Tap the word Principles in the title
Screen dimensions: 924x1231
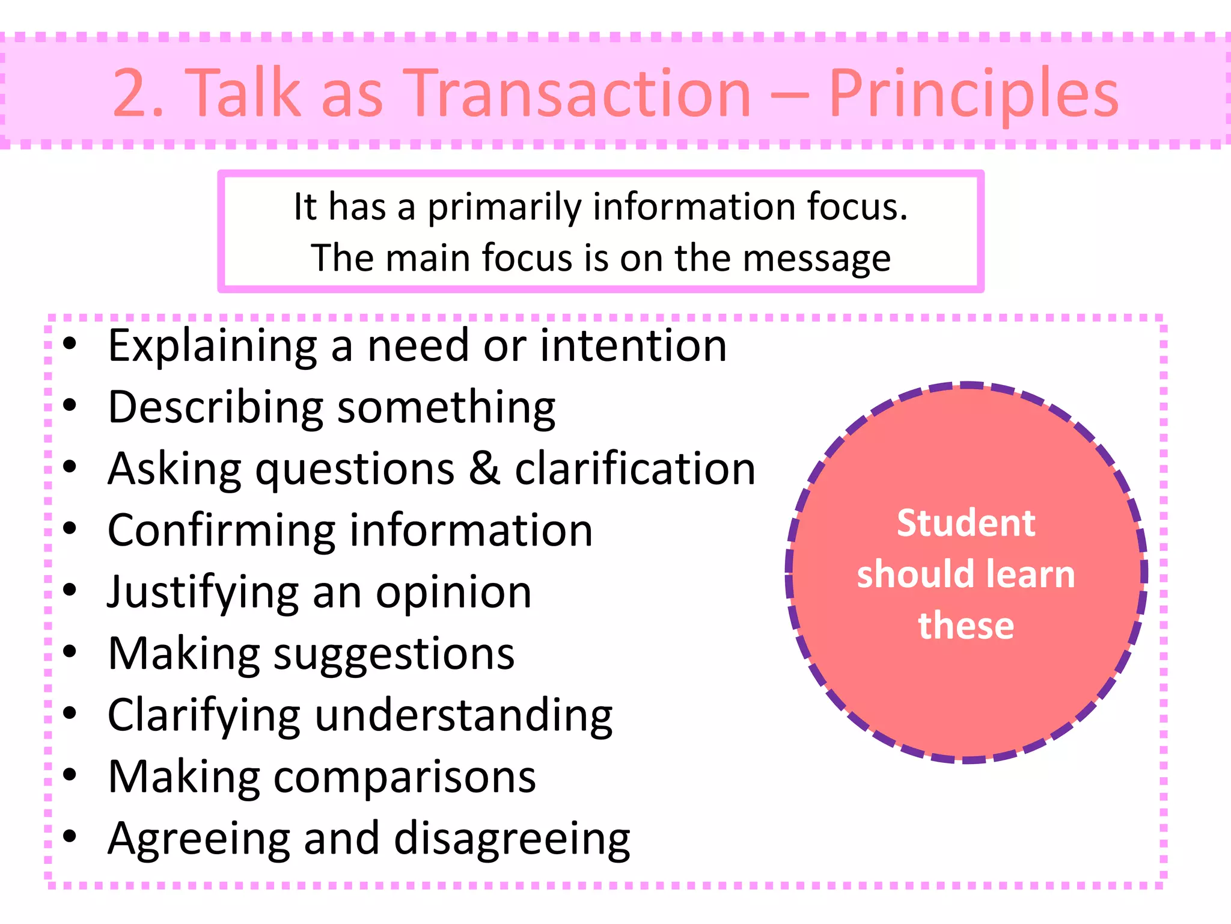[x=973, y=94]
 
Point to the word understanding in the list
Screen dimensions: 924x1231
[x=463, y=716]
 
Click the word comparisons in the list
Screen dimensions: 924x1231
[x=405, y=778]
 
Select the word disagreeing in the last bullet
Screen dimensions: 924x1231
[x=512, y=840]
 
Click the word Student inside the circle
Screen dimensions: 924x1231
[x=966, y=523]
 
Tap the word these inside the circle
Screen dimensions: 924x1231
[x=966, y=625]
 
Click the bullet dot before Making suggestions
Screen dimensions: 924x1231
[x=70, y=651]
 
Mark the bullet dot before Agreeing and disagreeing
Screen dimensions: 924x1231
[x=70, y=836]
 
